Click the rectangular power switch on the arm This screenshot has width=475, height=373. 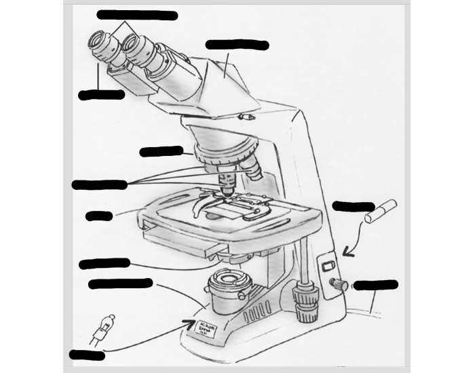click(x=328, y=266)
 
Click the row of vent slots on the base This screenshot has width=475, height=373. click(x=257, y=314)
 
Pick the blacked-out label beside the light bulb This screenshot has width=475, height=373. click(x=87, y=355)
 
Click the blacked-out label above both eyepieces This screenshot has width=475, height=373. click(x=137, y=15)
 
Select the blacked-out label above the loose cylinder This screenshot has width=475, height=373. click(x=353, y=206)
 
